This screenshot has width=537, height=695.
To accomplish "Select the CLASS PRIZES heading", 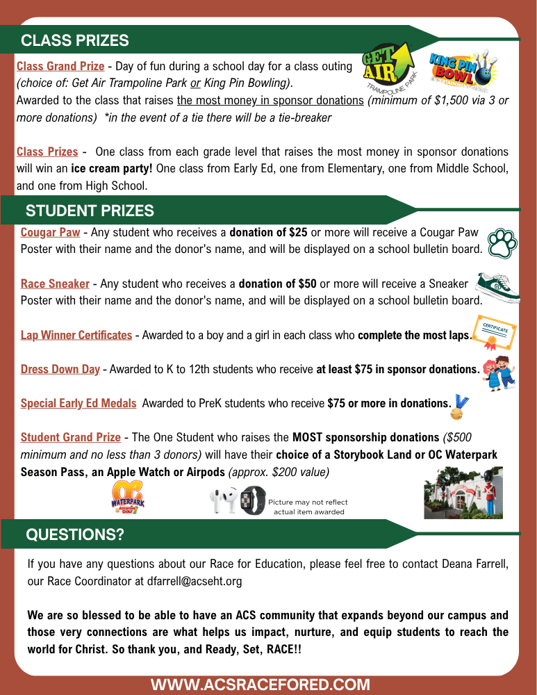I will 75,40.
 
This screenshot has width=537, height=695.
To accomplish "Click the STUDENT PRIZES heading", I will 90,210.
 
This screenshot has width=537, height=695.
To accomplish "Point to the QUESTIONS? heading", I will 75,534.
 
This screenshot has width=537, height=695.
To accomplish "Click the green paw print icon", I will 502,243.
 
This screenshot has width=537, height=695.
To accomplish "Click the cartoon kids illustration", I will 499,373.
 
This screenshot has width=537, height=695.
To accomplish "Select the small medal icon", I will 459,406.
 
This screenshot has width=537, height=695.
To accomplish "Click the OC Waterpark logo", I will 128,498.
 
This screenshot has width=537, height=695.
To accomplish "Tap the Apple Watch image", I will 253,500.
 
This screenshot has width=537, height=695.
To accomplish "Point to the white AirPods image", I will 224,500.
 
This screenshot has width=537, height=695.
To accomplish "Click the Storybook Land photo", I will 463,493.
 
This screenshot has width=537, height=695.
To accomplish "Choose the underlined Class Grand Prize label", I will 60,67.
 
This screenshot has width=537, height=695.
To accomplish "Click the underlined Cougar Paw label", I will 50,232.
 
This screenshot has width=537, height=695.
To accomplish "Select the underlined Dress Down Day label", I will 60,369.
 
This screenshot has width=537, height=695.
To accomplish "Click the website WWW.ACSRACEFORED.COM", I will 261,685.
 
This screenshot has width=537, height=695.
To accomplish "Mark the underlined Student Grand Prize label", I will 71,437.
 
